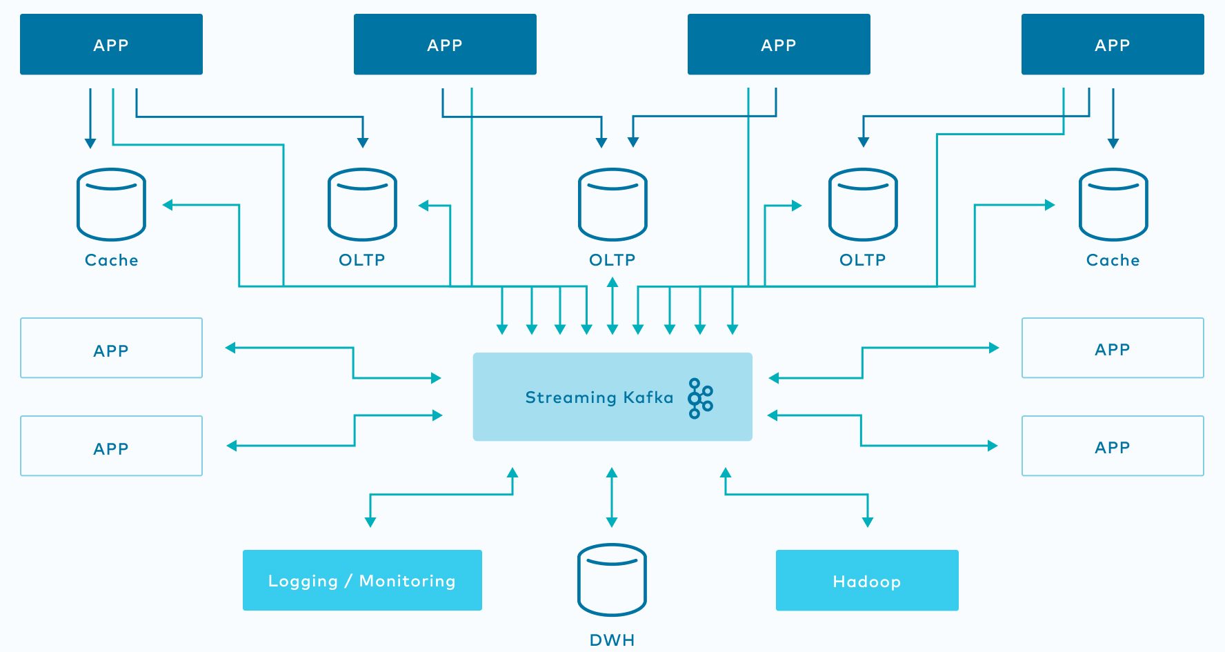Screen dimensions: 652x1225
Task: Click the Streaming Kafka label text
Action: (x=599, y=397)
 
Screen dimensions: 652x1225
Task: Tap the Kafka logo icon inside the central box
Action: (x=700, y=398)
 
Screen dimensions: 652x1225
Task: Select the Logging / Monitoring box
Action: (x=362, y=580)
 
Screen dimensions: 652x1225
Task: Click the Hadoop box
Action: (x=867, y=580)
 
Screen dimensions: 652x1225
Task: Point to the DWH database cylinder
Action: (x=612, y=580)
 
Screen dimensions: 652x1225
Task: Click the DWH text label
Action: (x=612, y=640)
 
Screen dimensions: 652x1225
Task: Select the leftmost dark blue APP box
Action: (x=111, y=44)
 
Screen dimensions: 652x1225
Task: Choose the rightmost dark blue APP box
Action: (x=1113, y=44)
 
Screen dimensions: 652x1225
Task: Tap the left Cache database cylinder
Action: (x=111, y=204)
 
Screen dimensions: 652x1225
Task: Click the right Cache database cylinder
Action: (x=1113, y=204)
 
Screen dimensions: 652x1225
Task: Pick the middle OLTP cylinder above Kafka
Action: (x=612, y=204)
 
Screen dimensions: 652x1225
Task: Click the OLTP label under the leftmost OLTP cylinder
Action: (x=361, y=260)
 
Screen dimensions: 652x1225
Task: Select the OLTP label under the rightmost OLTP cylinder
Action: (x=862, y=260)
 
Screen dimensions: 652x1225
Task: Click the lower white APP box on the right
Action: (x=1113, y=446)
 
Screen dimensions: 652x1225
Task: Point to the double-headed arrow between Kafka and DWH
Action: (x=612, y=497)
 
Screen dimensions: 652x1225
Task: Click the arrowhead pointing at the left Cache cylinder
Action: (x=168, y=205)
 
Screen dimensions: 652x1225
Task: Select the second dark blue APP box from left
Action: (x=445, y=44)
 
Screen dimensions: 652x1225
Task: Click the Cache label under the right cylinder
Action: (x=1113, y=260)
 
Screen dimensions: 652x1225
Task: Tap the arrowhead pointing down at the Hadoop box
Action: (x=868, y=522)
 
